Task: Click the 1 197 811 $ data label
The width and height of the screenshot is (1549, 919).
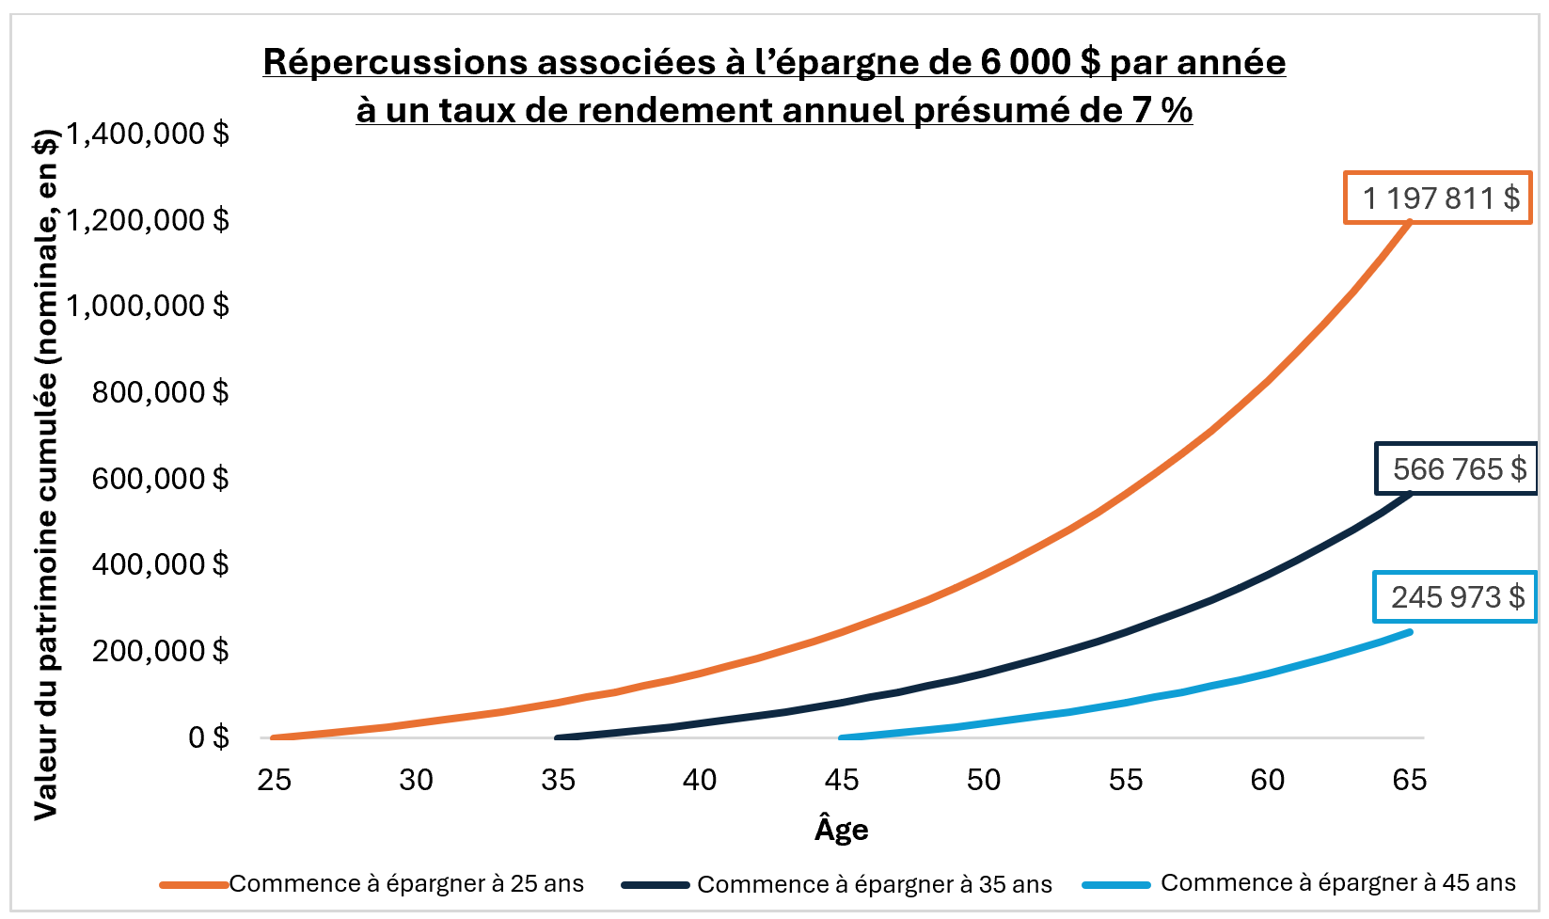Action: tap(1438, 198)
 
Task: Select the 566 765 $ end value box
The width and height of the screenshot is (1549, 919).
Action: tap(1457, 468)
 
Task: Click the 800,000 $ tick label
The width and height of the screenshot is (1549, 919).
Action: tap(160, 392)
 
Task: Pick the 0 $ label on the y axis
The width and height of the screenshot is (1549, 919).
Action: tap(208, 737)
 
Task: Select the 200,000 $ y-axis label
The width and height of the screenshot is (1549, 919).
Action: tap(160, 651)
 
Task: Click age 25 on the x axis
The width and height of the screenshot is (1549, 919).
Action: tap(275, 780)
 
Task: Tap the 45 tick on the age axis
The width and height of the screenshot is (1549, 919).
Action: tap(842, 780)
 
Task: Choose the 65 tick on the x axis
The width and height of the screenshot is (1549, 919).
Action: tap(1409, 780)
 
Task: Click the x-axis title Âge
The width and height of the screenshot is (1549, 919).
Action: tap(841, 830)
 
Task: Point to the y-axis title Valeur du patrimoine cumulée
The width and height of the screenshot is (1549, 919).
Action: tap(46, 475)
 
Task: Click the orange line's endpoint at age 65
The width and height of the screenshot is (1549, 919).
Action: tap(1409, 222)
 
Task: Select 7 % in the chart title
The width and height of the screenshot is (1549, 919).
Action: tap(1163, 111)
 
